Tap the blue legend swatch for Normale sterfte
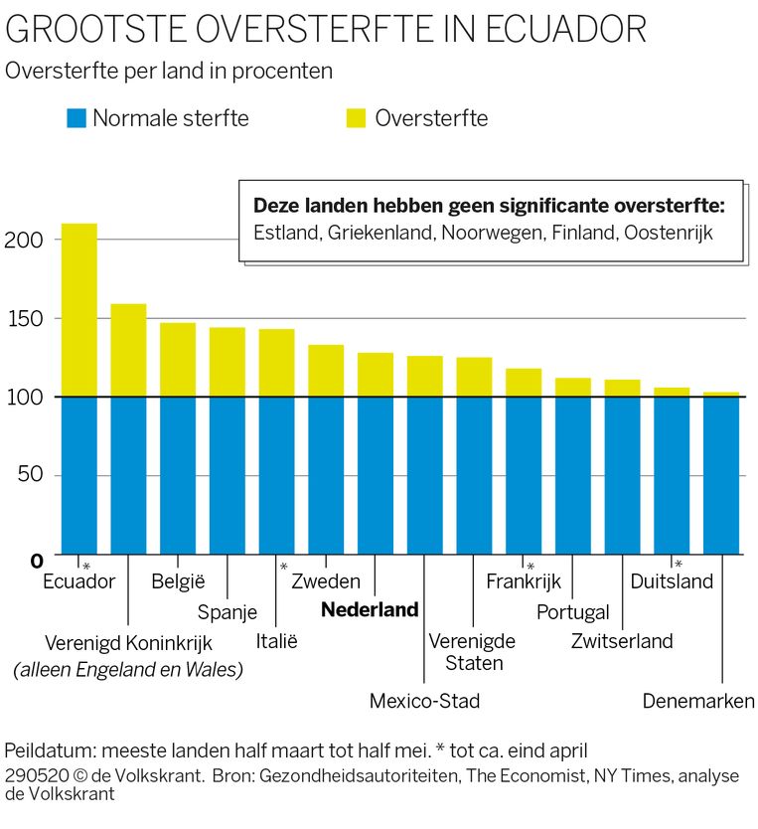click(77, 118)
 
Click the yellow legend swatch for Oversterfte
click(356, 118)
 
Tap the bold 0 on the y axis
click(36, 561)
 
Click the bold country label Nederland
click(370, 610)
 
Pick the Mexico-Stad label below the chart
click(424, 701)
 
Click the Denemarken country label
click(698, 701)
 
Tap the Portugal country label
click(572, 612)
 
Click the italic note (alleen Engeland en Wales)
click(128, 670)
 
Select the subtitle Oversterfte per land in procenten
click(169, 72)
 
